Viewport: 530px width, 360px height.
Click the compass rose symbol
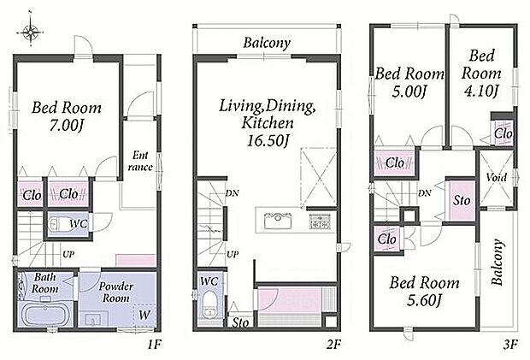(x=31, y=32)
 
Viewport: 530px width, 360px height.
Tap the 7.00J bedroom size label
(x=67, y=126)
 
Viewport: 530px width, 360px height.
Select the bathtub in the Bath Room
(x=44, y=314)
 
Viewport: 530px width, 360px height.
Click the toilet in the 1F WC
(x=60, y=224)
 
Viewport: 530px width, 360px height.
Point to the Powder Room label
(x=116, y=292)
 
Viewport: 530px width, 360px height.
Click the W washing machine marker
(x=144, y=315)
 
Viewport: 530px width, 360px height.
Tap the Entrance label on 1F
(x=140, y=161)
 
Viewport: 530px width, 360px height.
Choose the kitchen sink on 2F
(x=278, y=221)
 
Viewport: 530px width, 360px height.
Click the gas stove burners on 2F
(x=320, y=222)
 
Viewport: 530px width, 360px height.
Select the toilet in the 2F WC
(x=209, y=304)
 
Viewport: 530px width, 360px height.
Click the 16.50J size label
(x=268, y=140)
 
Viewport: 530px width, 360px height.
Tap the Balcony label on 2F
(x=267, y=43)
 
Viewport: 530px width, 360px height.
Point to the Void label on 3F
(x=496, y=177)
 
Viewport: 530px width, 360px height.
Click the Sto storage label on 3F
(x=462, y=200)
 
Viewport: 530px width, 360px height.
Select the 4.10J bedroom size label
(x=481, y=91)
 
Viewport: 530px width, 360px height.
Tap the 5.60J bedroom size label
(x=425, y=300)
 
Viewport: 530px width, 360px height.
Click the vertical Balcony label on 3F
(x=496, y=262)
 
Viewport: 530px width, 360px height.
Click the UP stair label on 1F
(x=68, y=254)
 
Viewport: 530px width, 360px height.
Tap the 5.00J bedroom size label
(x=409, y=91)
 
